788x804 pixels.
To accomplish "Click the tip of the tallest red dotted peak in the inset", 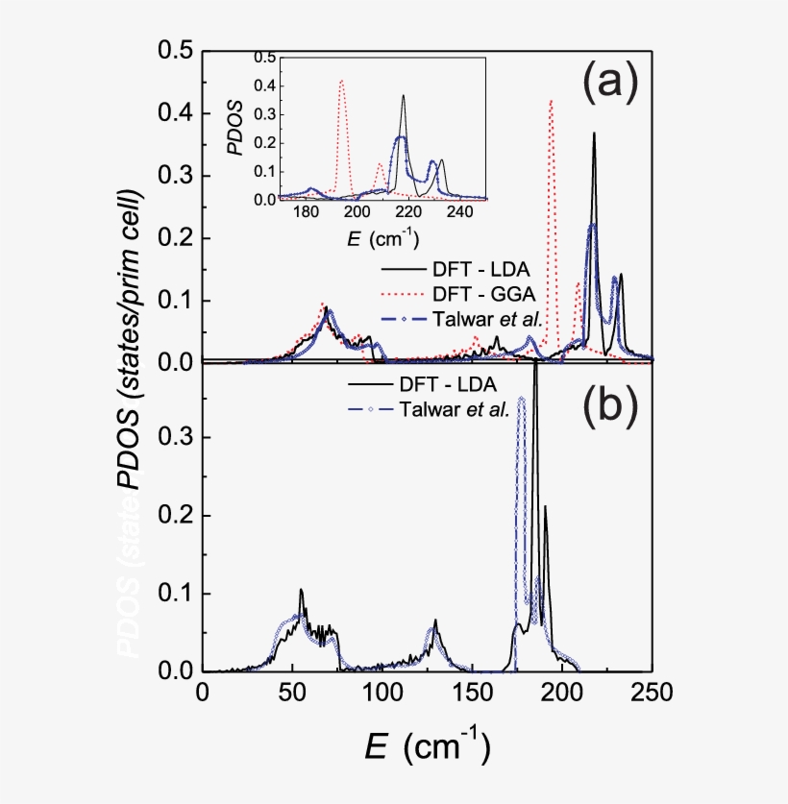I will click(341, 81).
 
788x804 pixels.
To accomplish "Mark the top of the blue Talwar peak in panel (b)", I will click(521, 398).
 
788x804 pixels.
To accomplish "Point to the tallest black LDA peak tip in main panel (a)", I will click(594, 134).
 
